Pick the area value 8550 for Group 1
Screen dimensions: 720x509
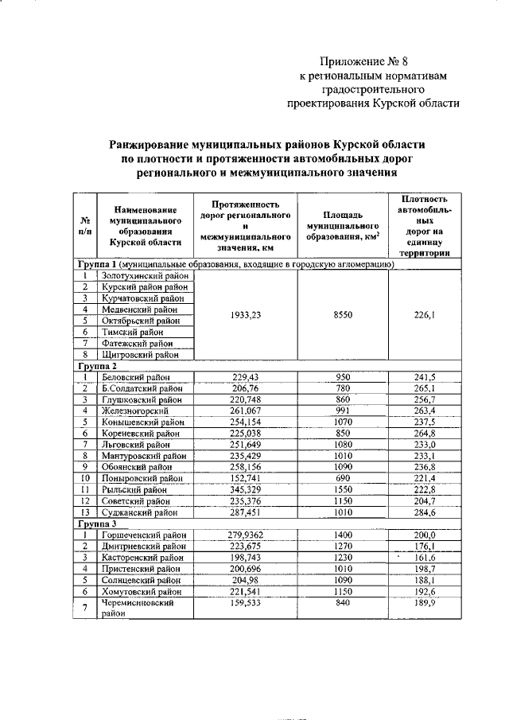(343, 314)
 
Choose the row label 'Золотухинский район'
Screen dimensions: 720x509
(143, 276)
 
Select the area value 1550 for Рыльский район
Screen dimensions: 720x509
(343, 491)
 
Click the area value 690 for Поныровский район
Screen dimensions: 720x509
(343, 480)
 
